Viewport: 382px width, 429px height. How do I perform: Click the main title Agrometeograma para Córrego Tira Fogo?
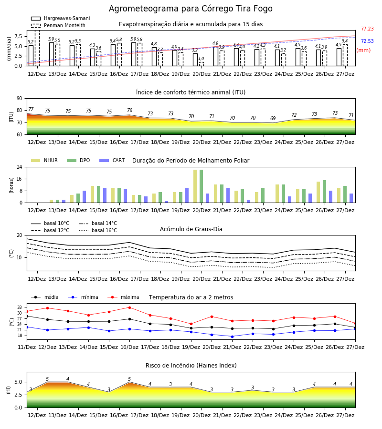coord(191,9)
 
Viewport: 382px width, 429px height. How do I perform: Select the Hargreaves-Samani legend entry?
coord(60,18)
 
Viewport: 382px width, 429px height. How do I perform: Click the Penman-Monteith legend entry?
coord(58,25)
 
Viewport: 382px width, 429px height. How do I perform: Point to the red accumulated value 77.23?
coord(367,29)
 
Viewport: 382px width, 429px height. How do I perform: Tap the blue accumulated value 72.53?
coord(367,41)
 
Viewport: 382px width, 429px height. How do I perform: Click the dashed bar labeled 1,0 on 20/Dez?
coord(202,64)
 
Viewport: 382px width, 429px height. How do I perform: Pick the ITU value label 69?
coord(273,119)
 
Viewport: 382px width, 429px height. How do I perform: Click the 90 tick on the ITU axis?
coord(20,99)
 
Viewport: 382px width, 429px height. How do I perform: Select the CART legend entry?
coord(112,160)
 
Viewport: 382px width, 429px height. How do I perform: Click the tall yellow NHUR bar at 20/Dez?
coord(195,186)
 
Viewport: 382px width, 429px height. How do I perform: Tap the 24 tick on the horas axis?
coord(20,167)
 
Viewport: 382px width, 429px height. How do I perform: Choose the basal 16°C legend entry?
coord(98,230)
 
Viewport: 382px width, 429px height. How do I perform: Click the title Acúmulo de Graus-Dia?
coord(191,229)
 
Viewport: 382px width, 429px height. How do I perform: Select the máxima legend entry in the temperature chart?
coord(123,297)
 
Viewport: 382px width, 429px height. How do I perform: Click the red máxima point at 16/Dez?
coord(129,307)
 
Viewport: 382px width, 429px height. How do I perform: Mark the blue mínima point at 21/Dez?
coord(233,337)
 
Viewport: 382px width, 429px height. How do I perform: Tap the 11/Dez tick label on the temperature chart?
coord(27,347)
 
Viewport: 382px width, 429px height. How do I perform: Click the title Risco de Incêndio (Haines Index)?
coord(191,366)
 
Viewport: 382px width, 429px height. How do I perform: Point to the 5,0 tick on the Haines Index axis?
coord(18,382)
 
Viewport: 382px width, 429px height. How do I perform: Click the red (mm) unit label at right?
coord(363,51)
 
